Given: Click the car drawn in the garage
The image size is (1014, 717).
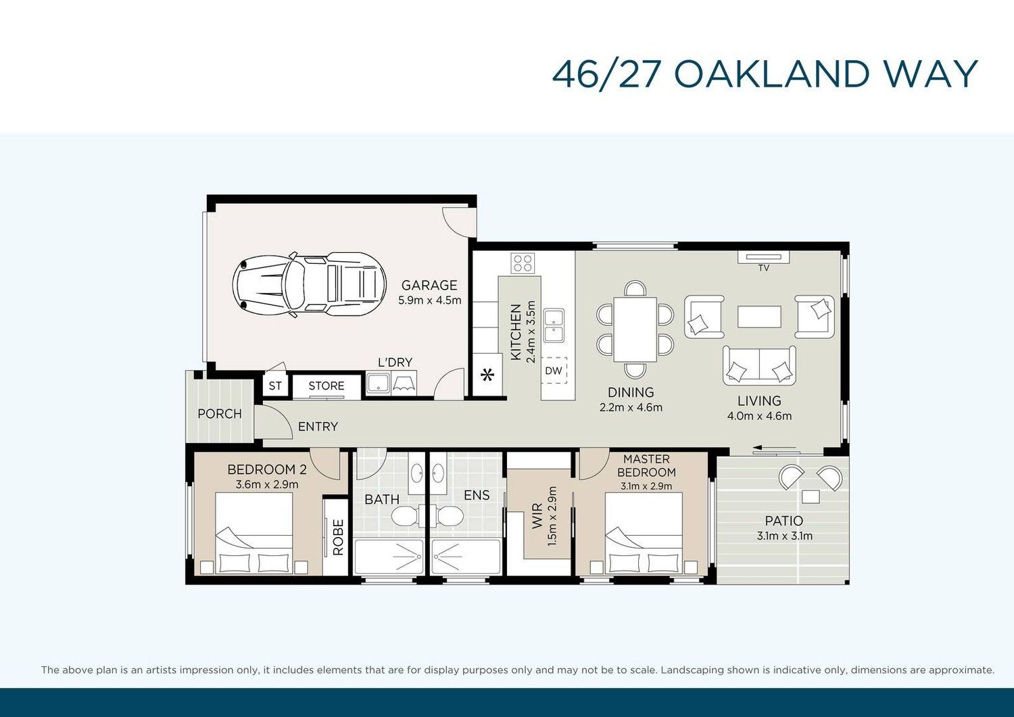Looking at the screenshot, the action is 310,284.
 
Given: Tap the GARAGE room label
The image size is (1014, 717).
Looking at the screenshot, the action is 429,285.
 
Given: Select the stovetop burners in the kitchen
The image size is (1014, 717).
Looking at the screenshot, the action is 523,263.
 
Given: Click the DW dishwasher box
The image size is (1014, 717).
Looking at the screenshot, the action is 554,371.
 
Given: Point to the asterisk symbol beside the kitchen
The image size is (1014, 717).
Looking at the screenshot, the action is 487,375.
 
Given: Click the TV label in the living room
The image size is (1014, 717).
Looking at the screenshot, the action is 764,268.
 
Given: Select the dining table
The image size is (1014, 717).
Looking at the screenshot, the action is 635,329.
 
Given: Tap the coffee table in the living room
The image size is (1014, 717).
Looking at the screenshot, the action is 759,317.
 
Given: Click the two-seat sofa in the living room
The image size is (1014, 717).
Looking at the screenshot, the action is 759,365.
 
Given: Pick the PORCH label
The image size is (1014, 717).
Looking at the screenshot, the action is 220,413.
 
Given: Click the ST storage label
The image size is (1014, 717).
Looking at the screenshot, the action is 275,386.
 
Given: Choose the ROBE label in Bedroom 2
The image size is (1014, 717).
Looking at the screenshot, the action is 338,538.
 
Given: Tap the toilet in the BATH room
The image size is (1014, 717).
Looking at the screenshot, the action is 405,516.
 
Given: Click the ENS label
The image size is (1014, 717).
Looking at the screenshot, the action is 477,495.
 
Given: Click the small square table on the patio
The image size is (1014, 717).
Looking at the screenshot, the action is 811,497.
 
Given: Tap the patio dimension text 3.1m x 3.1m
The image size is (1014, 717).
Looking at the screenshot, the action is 784,536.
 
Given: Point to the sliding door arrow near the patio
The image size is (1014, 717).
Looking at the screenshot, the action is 775,448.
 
